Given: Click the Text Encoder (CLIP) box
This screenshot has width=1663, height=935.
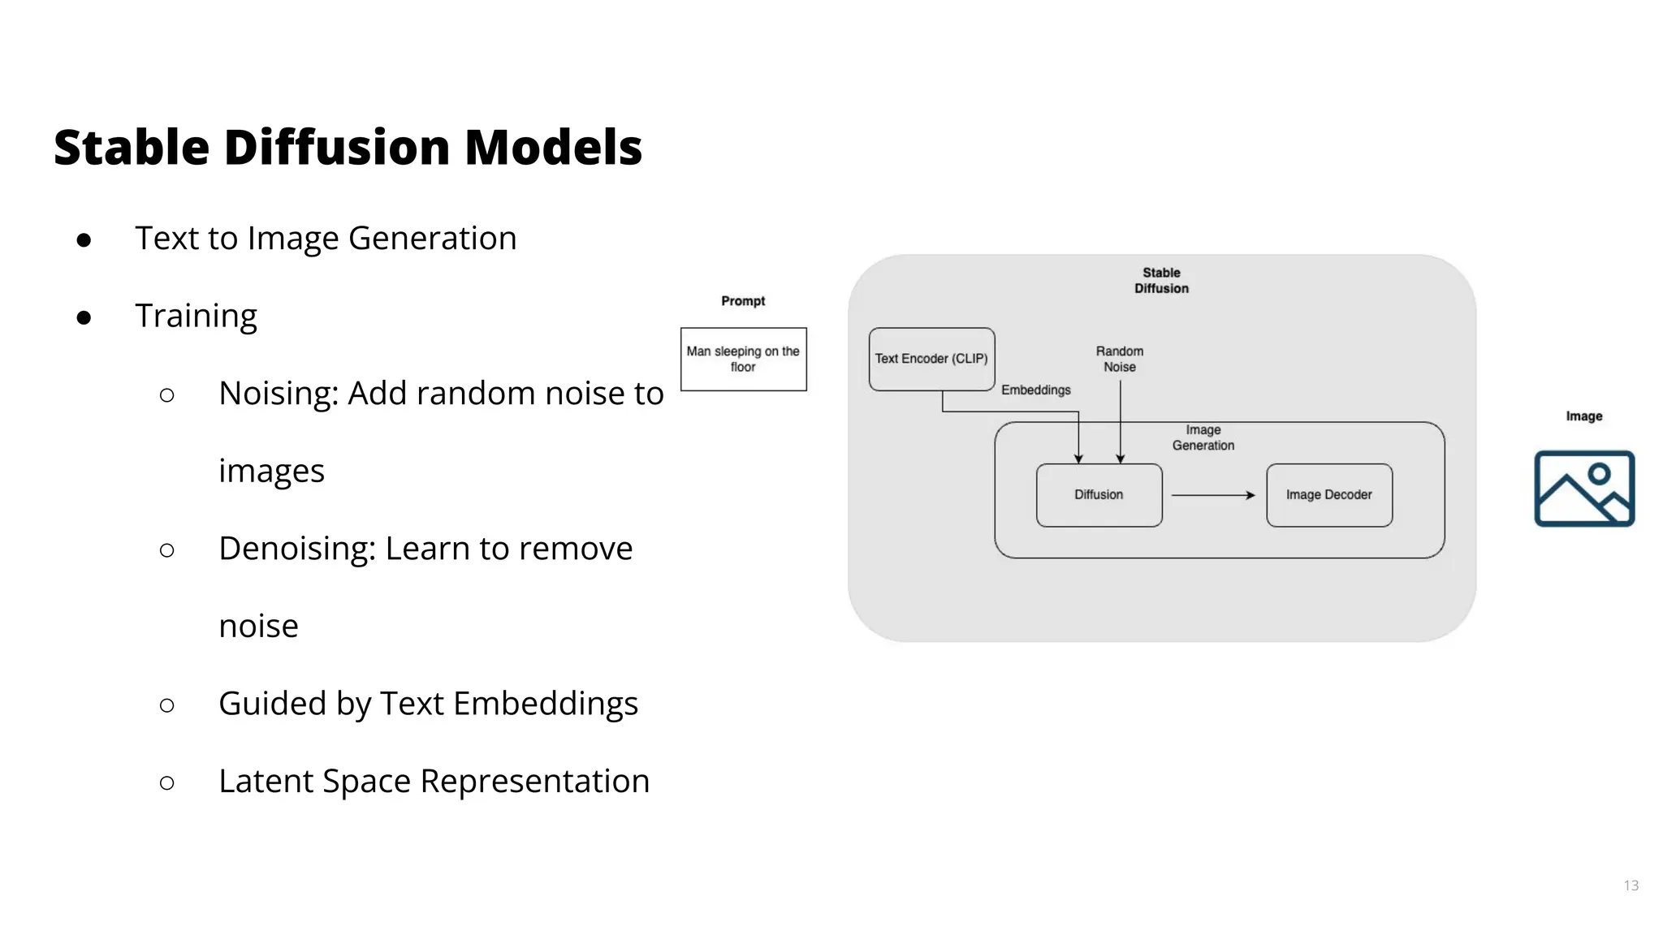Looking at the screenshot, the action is [x=931, y=359].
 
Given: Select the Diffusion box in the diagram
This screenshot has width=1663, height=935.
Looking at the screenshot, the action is [x=1099, y=495].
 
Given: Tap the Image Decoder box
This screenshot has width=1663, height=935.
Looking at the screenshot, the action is [x=1328, y=495].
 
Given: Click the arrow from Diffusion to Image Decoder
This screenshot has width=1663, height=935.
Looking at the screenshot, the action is [x=1212, y=495].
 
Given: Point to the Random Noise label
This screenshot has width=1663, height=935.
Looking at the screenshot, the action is [x=1120, y=359].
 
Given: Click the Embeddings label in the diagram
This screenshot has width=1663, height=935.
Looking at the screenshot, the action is [x=1035, y=390].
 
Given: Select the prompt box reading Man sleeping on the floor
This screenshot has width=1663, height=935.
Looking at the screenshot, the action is [x=743, y=359].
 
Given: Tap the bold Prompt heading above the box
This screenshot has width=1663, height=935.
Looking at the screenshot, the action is [x=743, y=301].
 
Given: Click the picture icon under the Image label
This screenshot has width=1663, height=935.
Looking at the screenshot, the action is [x=1583, y=489].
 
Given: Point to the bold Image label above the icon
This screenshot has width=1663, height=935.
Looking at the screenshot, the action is [x=1583, y=416].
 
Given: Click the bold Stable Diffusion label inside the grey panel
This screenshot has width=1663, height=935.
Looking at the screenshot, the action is [x=1161, y=281].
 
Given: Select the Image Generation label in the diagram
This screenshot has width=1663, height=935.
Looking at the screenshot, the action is [x=1203, y=437].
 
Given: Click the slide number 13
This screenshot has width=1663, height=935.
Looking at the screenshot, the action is [x=1631, y=885].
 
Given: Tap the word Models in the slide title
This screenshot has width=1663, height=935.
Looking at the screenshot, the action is [x=553, y=148].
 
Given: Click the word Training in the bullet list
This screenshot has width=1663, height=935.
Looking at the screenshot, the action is [x=196, y=316].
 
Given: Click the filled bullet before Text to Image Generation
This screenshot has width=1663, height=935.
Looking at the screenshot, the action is [x=84, y=240].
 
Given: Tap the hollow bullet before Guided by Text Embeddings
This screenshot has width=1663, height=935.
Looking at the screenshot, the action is [x=167, y=705].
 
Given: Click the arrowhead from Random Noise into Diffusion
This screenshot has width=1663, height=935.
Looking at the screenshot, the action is [x=1121, y=459].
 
